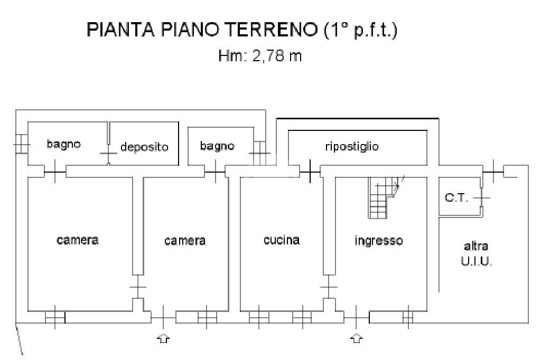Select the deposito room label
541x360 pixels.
pyautogui.click(x=144, y=147)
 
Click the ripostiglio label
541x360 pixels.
pyautogui.click(x=352, y=146)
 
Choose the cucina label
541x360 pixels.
pyautogui.click(x=282, y=240)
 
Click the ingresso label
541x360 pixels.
pyautogui.click(x=378, y=241)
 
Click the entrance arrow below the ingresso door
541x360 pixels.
pyautogui.click(x=357, y=338)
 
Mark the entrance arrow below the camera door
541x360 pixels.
pyautogui.click(x=164, y=338)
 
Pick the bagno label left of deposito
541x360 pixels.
pyautogui.click(x=63, y=144)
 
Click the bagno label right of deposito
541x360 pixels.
pyautogui.click(x=217, y=146)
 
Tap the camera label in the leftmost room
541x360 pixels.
pyautogui.click(x=78, y=240)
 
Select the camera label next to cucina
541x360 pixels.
pyautogui.click(x=185, y=241)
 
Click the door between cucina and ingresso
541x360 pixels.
pyautogui.click(x=329, y=288)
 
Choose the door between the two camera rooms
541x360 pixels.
pyautogui.click(x=137, y=288)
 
